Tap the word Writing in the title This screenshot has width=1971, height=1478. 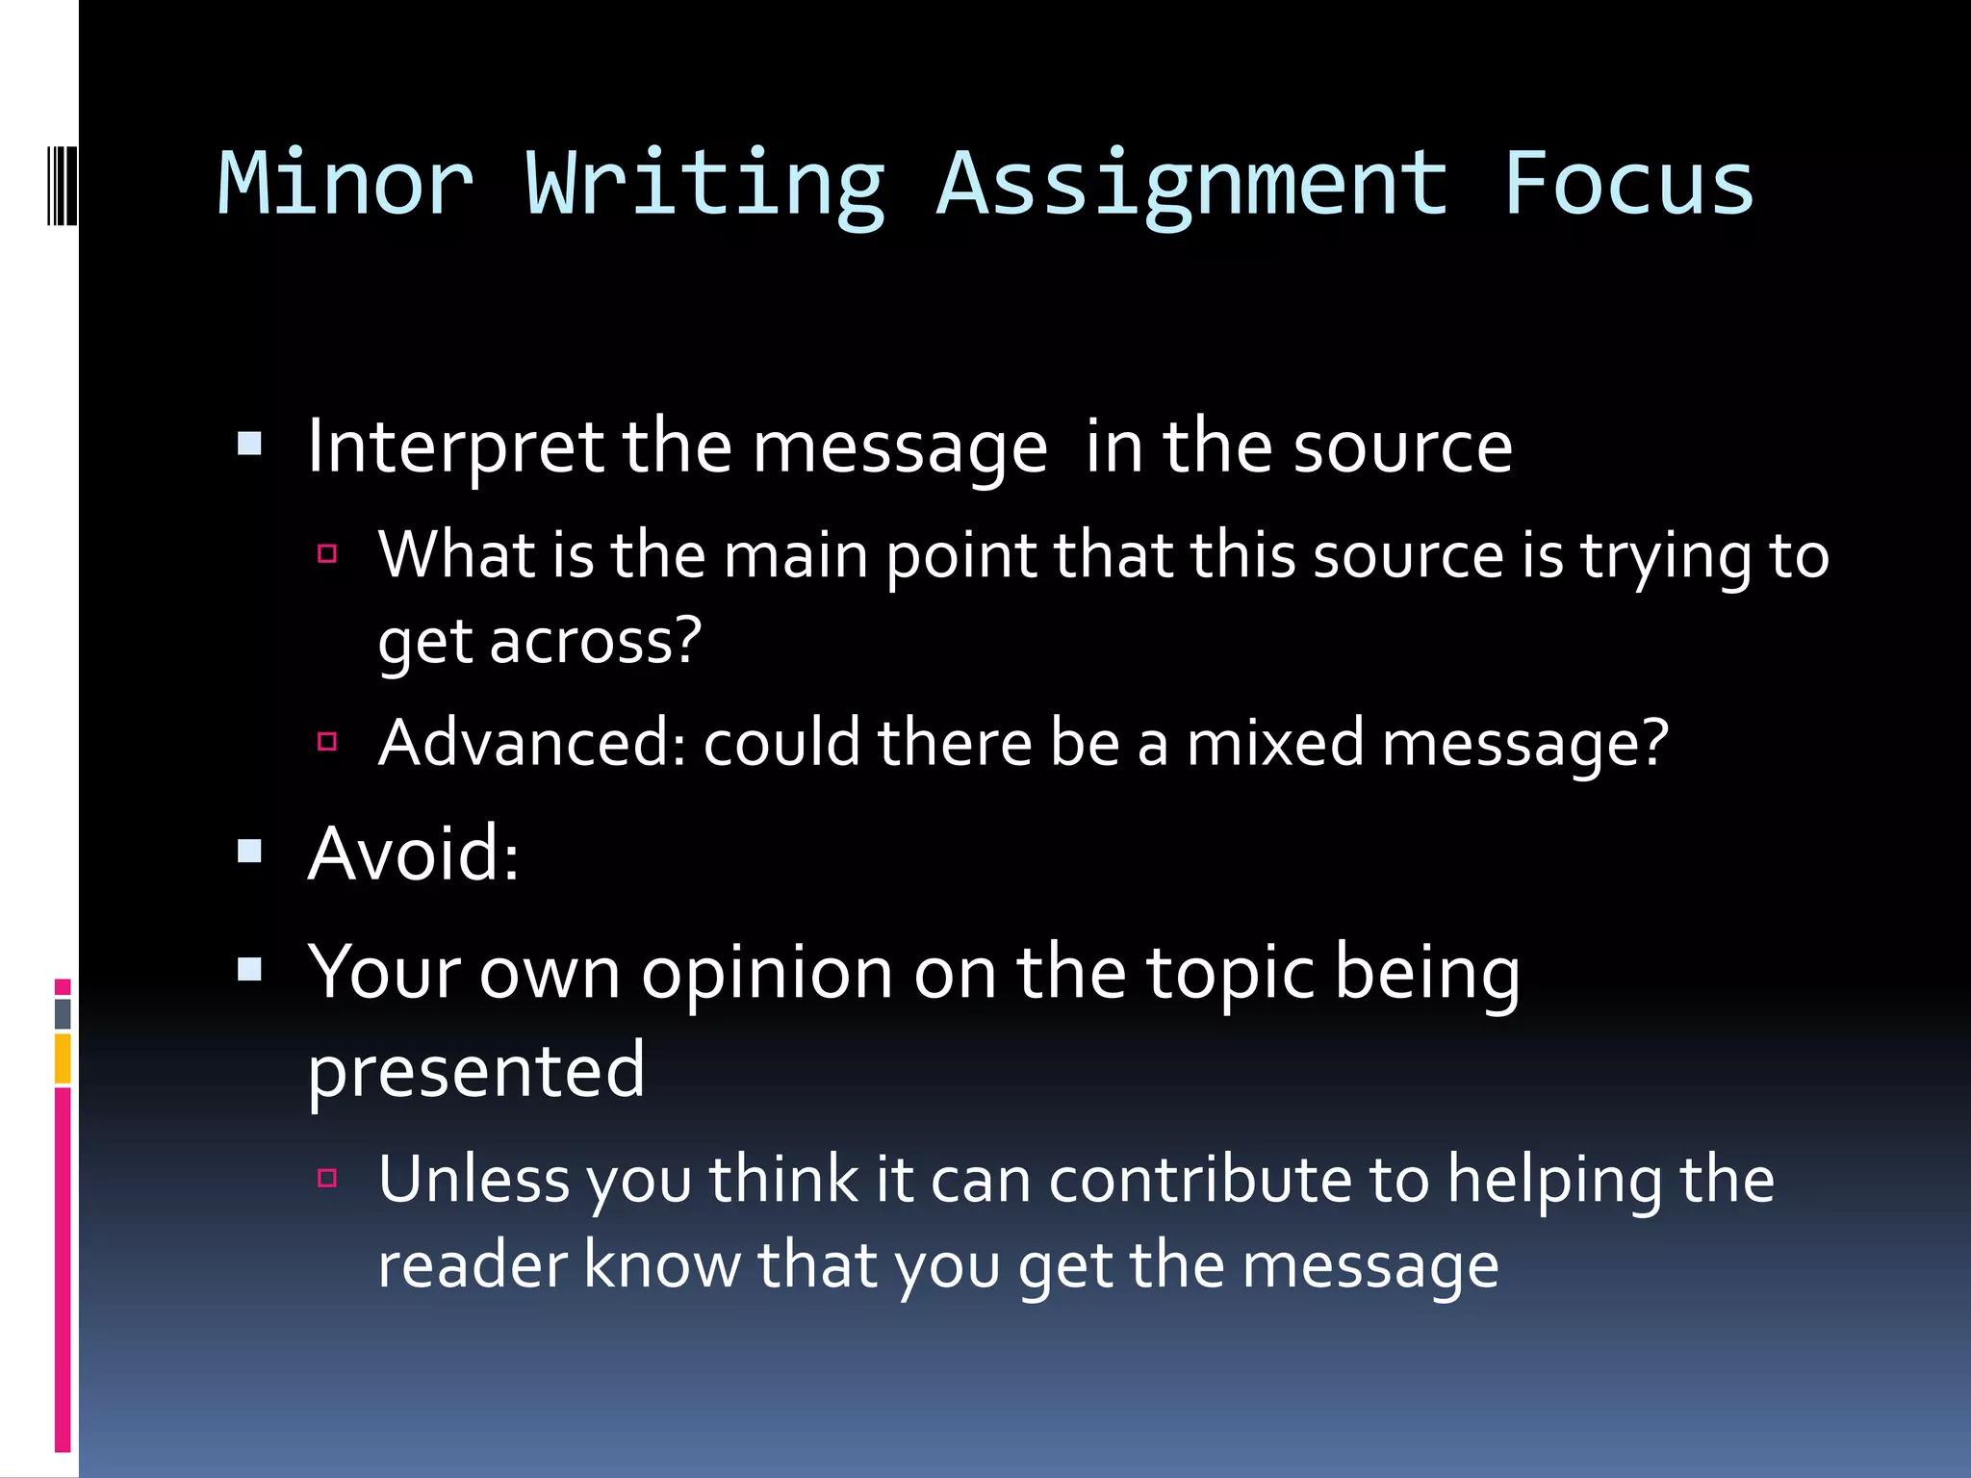704,185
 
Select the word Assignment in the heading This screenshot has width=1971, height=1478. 1191,185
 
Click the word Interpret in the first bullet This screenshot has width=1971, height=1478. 455,448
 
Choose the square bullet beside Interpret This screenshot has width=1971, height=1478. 250,444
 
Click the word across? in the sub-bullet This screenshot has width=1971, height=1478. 596,641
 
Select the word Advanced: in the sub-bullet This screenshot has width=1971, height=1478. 532,743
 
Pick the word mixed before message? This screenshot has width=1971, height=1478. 1274,743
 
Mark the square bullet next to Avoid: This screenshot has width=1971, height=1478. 250,851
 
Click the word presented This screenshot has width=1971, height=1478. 476,1070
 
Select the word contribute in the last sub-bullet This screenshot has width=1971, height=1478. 1200,1179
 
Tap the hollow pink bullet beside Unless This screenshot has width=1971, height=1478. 327,1178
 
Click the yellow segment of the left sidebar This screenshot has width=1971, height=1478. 63,1058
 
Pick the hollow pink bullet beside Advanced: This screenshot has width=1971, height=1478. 327,741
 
